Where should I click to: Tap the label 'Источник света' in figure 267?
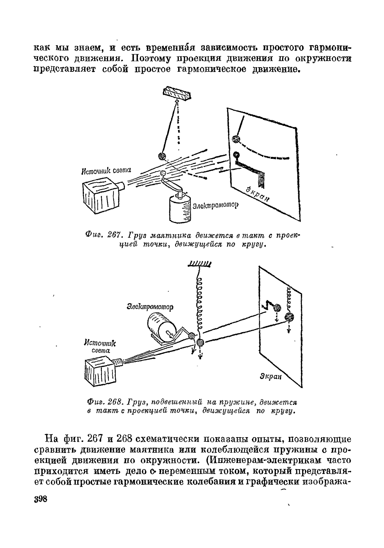coord(106,171)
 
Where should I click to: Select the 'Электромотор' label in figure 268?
coord(150,307)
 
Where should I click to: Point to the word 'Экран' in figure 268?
coord(271,376)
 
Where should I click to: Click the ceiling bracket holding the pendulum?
coord(177,93)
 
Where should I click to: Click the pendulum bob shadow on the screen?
coord(236,139)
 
